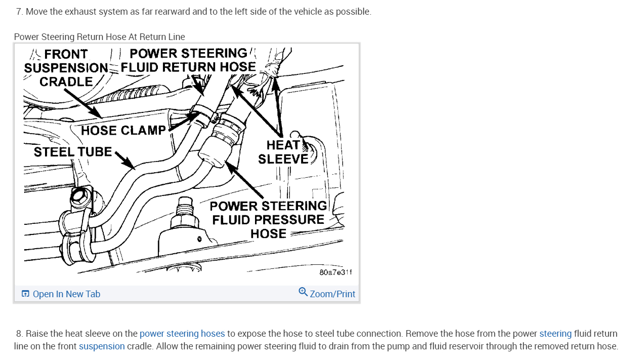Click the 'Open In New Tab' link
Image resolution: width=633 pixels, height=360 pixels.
pyautogui.click(x=66, y=294)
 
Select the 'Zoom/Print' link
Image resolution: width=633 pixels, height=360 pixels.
pyautogui.click(x=332, y=294)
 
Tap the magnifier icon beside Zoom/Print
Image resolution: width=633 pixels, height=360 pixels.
pyautogui.click(x=303, y=292)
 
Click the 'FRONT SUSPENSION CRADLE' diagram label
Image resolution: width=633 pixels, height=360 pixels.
pyautogui.click(x=66, y=68)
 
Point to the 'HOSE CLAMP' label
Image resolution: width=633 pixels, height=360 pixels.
pyautogui.click(x=123, y=131)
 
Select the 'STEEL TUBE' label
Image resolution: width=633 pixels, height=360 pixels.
pyautogui.click(x=72, y=152)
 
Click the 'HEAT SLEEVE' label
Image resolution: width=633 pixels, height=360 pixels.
pyautogui.click(x=283, y=152)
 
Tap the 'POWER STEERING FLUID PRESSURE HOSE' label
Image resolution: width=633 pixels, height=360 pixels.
pyautogui.click(x=268, y=220)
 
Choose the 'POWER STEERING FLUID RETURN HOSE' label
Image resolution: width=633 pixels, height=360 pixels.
pyautogui.click(x=188, y=60)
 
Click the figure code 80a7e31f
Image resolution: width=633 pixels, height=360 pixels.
pyautogui.click(x=335, y=272)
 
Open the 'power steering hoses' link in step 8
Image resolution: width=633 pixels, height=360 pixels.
pyautogui.click(x=182, y=334)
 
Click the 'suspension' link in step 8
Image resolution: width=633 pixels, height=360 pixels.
pyautogui.click(x=102, y=346)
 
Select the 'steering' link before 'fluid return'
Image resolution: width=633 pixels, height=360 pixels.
pyautogui.click(x=555, y=334)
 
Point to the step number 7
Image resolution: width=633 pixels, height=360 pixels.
pyautogui.click(x=19, y=12)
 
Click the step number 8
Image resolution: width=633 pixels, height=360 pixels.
pyautogui.click(x=19, y=334)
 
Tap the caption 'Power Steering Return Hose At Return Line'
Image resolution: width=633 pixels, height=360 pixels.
pyautogui.click(x=100, y=37)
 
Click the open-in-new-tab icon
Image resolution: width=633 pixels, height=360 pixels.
pyautogui.click(x=25, y=294)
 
